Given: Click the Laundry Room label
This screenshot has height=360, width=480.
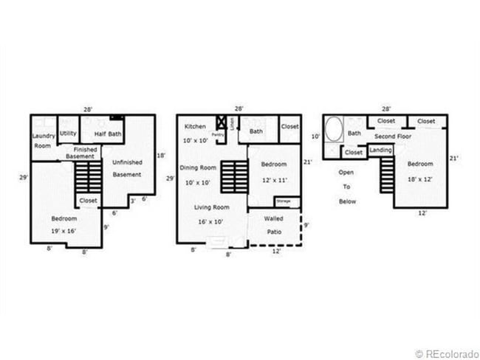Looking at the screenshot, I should pos(44,141).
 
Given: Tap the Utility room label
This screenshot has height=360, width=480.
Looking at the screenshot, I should pos(68,134).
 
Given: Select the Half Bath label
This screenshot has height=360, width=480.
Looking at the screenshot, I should pos(101,134).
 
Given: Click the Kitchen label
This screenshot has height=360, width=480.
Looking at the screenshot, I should pos(195,126).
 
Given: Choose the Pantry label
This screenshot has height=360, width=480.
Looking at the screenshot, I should pos(218,134).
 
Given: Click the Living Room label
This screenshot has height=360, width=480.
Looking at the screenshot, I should pos(211,207).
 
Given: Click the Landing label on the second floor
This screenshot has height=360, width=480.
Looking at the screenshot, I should pos(380,150).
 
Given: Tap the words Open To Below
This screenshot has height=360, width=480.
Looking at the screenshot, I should pos(346,187).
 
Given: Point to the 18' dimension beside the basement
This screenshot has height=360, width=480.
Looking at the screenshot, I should pos(162,155).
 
